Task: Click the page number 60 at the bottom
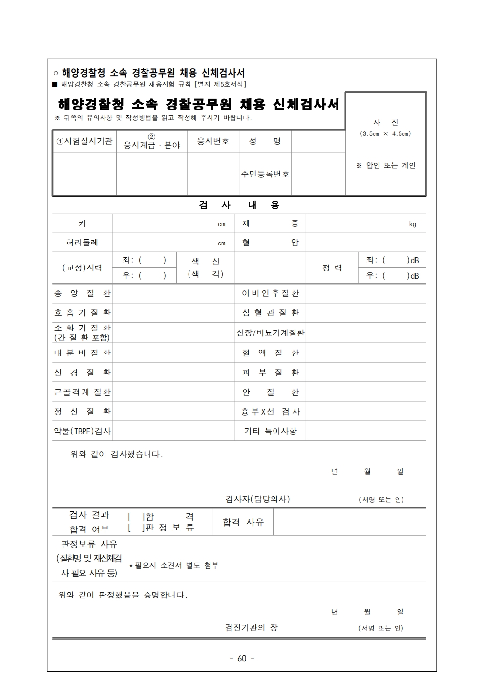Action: [242, 658]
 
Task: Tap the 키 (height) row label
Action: [82, 223]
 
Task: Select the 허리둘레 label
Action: [82, 242]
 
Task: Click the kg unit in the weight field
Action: [412, 224]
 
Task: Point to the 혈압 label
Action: [270, 242]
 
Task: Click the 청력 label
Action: [332, 268]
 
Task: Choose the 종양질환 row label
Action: [82, 293]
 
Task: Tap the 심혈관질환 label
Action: [270, 313]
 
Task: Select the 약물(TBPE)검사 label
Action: [82, 431]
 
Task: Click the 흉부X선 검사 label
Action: [270, 412]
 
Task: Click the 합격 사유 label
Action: [243, 522]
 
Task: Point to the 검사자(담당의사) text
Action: [257, 499]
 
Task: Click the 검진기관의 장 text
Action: [251, 627]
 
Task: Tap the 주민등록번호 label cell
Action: [265, 174]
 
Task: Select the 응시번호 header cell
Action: [213, 141]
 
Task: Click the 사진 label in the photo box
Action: [385, 123]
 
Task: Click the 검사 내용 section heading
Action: [239, 205]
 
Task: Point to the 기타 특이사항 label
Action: [270, 431]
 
